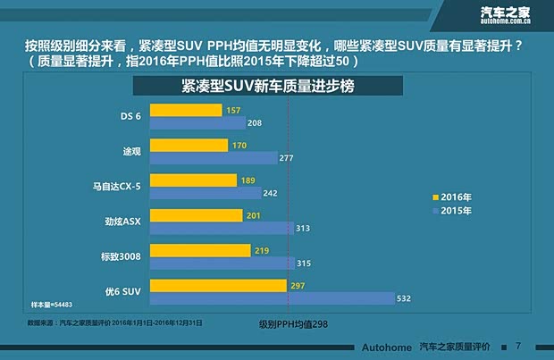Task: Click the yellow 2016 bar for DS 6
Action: coord(186,110)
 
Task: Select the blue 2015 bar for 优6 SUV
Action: coord(272,297)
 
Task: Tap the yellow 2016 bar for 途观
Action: coord(189,145)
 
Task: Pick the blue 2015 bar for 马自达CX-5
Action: coord(206,193)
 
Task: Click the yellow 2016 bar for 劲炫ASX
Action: coord(196,215)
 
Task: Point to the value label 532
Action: coord(404,298)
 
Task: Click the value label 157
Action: coord(234,110)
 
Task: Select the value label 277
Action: coord(286,158)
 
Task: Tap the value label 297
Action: coord(299,285)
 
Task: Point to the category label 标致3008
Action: coord(120,255)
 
